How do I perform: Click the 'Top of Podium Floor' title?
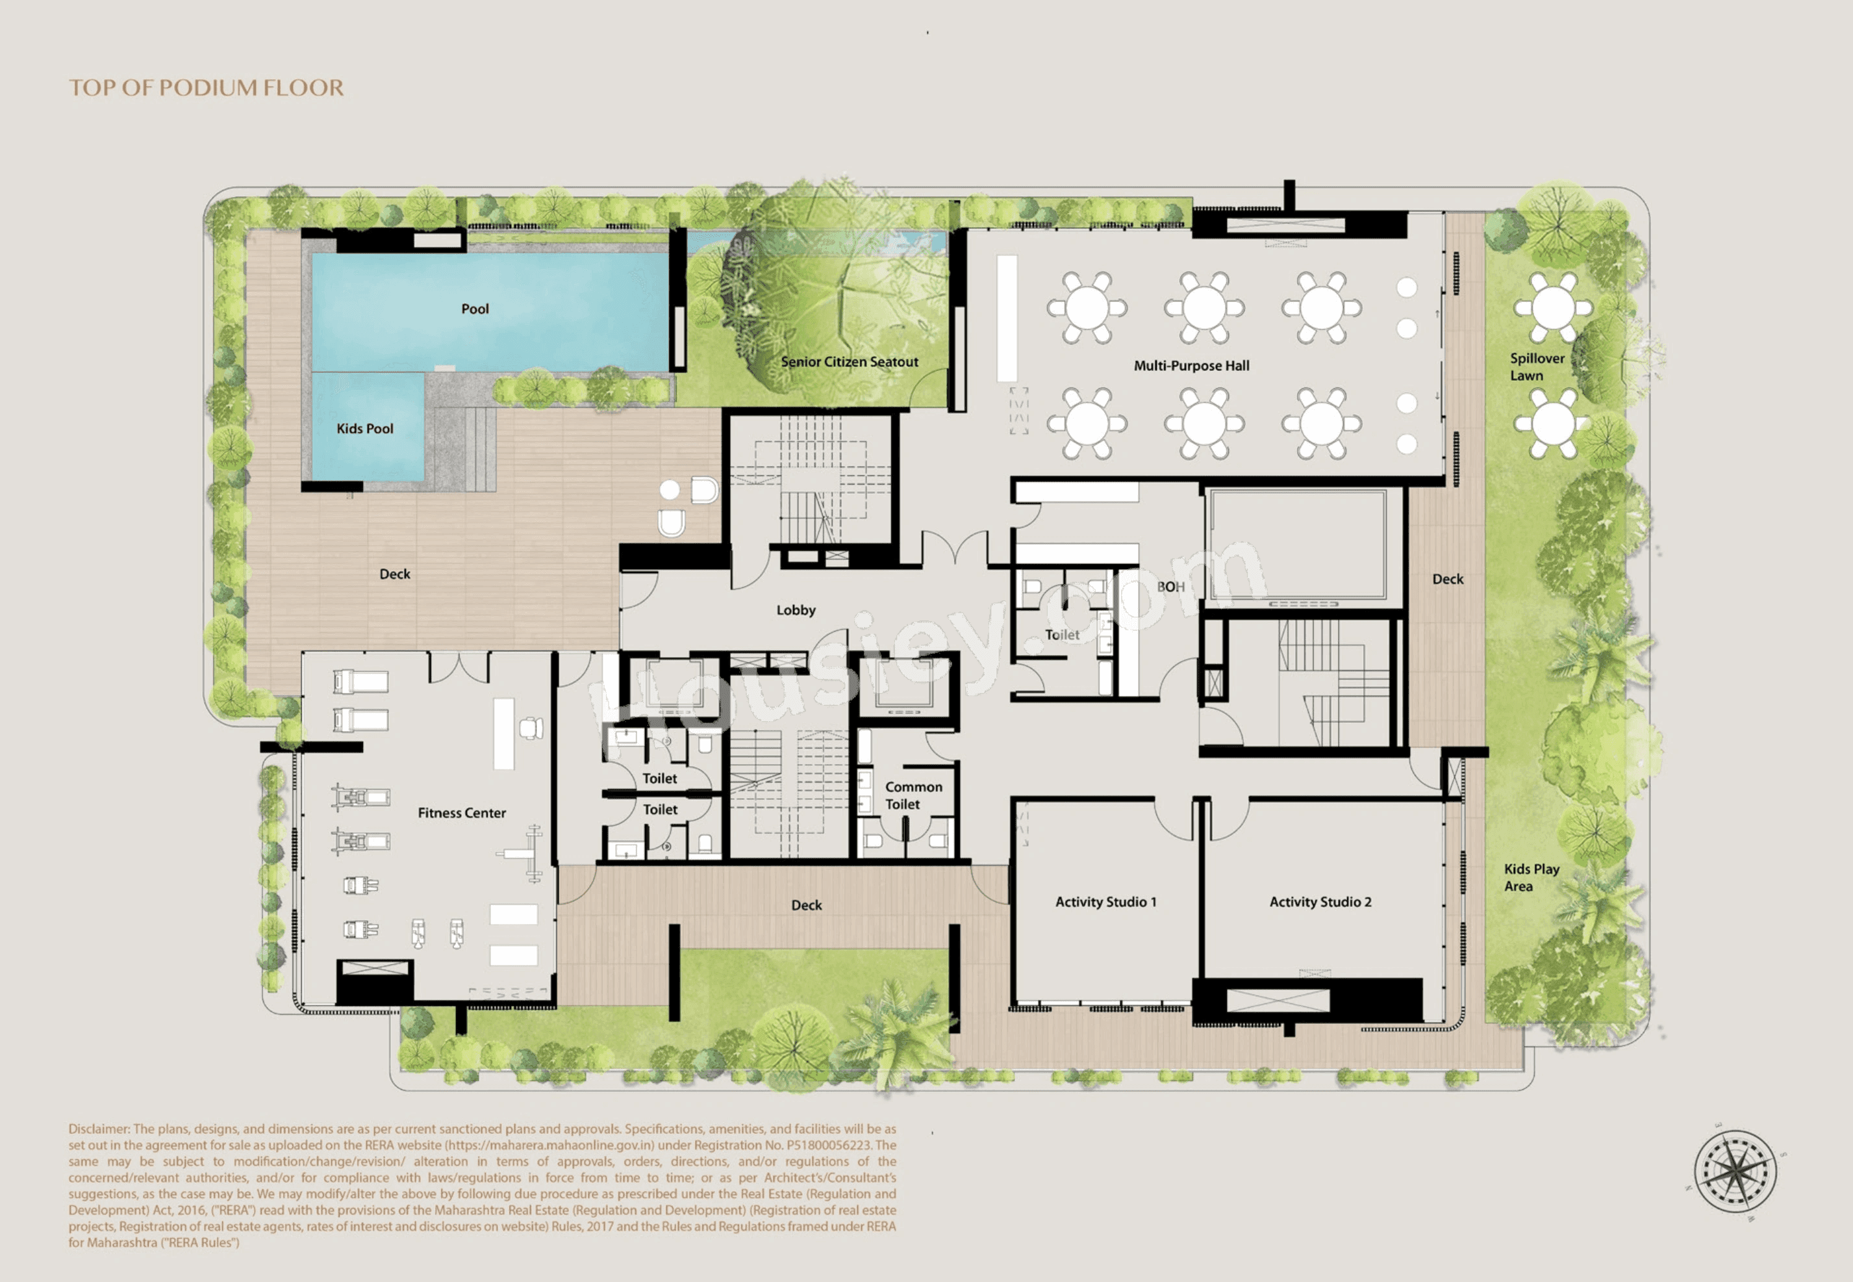pyautogui.click(x=207, y=88)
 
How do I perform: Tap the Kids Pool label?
pyautogui.click(x=364, y=429)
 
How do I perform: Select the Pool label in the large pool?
pyautogui.click(x=475, y=309)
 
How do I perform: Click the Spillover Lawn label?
pyautogui.click(x=1536, y=367)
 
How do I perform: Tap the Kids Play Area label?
pyautogui.click(x=1530, y=878)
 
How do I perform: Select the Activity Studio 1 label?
pyautogui.click(x=1105, y=902)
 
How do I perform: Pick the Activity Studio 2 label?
pyautogui.click(x=1320, y=902)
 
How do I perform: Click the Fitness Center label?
pyautogui.click(x=462, y=813)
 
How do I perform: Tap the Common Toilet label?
pyautogui.click(x=913, y=795)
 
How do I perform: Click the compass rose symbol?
pyautogui.click(x=1735, y=1171)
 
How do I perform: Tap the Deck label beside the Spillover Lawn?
pyautogui.click(x=1447, y=579)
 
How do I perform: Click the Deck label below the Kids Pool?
pyautogui.click(x=394, y=574)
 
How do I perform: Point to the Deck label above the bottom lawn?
pyautogui.click(x=806, y=905)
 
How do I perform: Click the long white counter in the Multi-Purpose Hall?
pyautogui.click(x=1007, y=318)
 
